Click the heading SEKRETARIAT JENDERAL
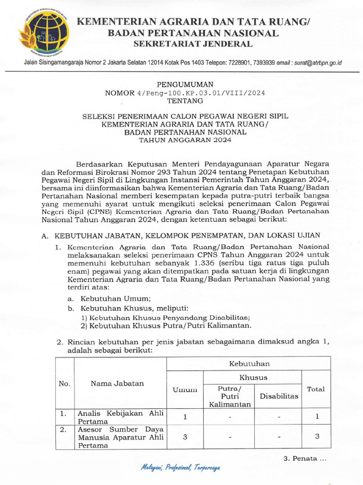click(192, 44)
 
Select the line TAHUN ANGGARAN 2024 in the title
click(185, 140)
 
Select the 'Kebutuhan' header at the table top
click(249, 364)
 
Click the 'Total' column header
click(316, 389)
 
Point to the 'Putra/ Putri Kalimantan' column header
click(228, 396)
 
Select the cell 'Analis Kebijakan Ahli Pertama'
click(121, 417)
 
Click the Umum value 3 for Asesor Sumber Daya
click(185, 437)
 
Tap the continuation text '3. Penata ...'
click(304, 458)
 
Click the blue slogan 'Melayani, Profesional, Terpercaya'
click(180, 468)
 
